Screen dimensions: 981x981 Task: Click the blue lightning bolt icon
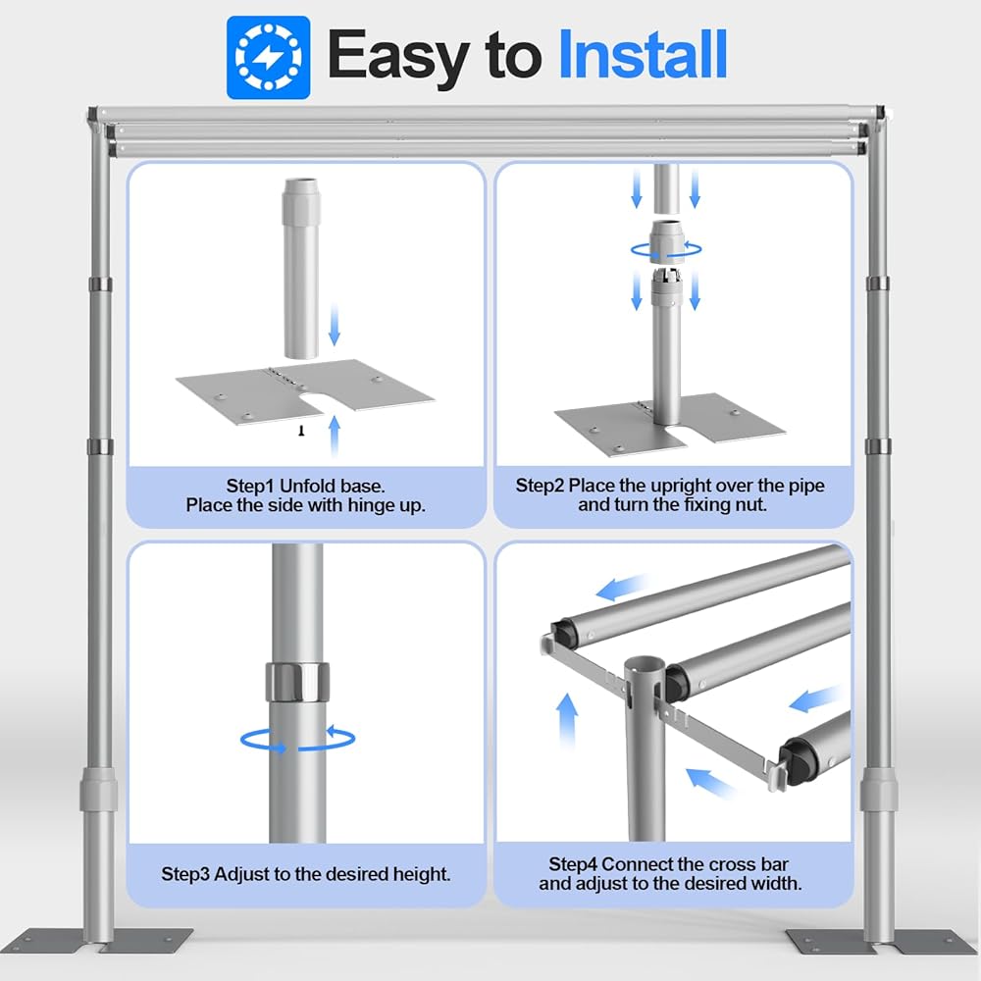[x=269, y=58]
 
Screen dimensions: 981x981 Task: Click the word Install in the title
[x=643, y=54]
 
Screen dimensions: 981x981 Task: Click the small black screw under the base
[x=301, y=431]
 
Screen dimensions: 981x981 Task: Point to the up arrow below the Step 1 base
[x=335, y=436]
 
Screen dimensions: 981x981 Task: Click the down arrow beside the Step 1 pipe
[x=335, y=324]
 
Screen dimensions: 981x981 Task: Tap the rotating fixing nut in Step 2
[x=666, y=241]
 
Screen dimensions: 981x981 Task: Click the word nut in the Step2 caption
[x=750, y=504]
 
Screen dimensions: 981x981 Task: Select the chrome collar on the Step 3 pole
[x=298, y=682]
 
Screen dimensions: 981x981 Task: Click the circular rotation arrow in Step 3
[x=298, y=739]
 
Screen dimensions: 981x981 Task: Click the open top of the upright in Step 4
[x=645, y=664]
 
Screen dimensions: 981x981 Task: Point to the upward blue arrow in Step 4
[x=567, y=721]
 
